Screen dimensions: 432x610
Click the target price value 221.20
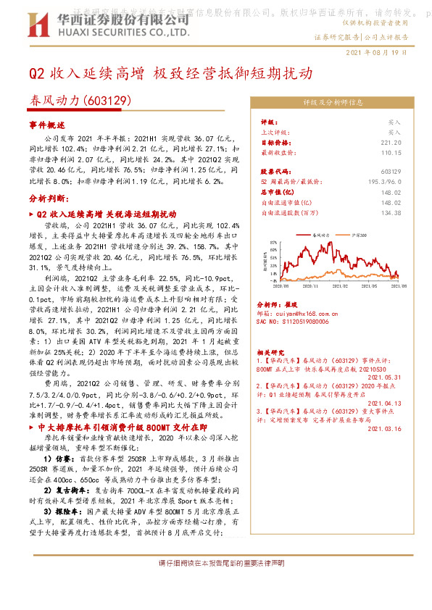pos(391,143)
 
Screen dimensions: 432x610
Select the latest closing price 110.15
pos(391,153)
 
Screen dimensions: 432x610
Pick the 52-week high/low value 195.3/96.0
pos(383,181)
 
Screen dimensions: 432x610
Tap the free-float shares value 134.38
pos(391,213)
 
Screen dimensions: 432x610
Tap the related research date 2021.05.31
pos(384,377)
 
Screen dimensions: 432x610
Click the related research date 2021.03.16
pos(384,429)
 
